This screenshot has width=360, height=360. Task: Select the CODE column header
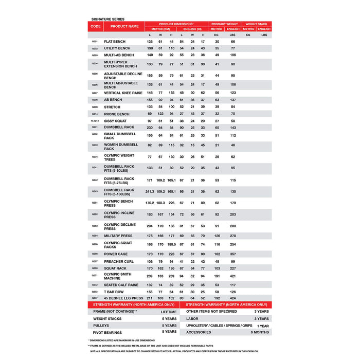(x=96, y=26)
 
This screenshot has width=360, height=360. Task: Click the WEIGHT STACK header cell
(x=258, y=24)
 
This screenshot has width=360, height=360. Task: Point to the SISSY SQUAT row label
(x=115, y=121)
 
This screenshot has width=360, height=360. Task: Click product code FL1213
(x=95, y=121)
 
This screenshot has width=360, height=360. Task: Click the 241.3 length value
(x=135, y=191)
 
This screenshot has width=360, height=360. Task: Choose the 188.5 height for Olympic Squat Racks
(x=171, y=244)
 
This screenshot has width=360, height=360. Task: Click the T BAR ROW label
(x=114, y=292)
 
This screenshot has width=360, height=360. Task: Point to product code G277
(x=95, y=298)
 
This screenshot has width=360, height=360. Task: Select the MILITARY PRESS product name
(x=118, y=236)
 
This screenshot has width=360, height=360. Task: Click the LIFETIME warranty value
(x=168, y=312)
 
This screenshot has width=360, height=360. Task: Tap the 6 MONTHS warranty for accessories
(x=260, y=332)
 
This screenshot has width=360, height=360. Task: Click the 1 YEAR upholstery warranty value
(x=263, y=326)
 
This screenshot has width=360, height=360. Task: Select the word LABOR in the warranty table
(x=193, y=319)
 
